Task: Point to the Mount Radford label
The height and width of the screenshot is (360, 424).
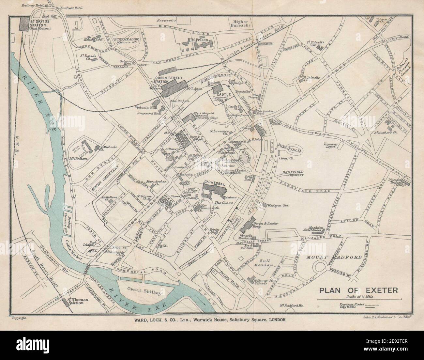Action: pos(334,257)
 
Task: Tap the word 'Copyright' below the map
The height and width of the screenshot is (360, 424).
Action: pos(19,318)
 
